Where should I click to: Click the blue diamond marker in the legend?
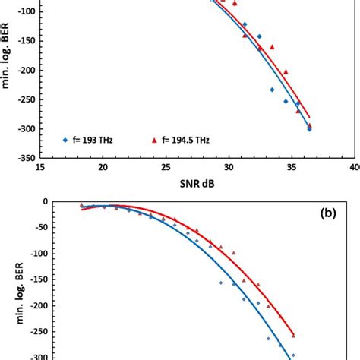tap(67, 140)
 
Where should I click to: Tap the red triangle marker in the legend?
tap(154, 140)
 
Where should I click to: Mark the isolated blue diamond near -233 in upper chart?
tap(272, 90)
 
